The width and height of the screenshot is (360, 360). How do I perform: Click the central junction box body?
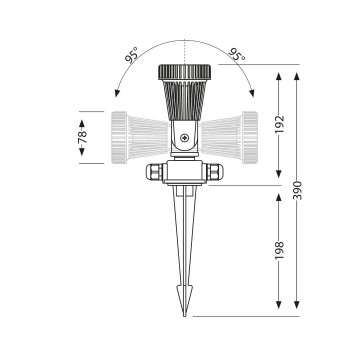(x=183, y=176)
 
